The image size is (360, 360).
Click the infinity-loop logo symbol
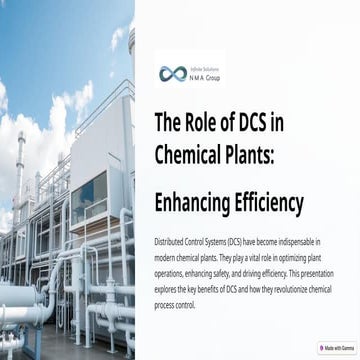[x=173, y=73]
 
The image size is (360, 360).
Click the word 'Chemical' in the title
[x=189, y=153]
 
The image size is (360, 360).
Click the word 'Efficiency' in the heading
[x=273, y=203]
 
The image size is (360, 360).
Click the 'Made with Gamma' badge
[x=335, y=348]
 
